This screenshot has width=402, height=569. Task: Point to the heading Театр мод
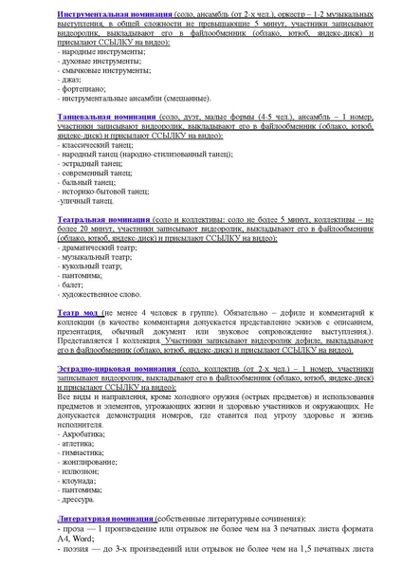tap(78, 312)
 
